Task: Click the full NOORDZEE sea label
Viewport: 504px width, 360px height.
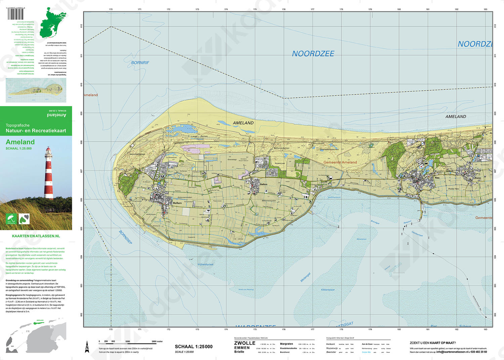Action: coord(313,54)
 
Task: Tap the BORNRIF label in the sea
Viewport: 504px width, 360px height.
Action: coord(140,63)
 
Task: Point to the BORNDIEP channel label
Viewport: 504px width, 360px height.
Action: coord(126,237)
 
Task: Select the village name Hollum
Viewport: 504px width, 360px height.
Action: coord(177,203)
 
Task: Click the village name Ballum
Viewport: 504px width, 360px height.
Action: coord(264,184)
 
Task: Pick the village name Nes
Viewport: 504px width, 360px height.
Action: coord(437,178)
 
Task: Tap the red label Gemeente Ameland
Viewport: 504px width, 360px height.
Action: coord(340,162)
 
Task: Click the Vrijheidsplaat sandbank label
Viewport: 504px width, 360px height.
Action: coord(205,264)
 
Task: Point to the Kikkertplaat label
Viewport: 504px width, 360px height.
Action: coord(328,289)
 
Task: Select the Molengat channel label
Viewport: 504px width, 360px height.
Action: coord(305,277)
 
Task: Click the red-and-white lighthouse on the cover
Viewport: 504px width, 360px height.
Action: coord(49,173)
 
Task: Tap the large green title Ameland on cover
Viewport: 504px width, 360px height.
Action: coord(20,142)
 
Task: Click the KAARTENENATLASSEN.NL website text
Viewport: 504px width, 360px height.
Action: coord(36,236)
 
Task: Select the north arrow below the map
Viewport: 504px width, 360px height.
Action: coord(87,346)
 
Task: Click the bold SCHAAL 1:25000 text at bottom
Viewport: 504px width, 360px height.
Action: coord(194,347)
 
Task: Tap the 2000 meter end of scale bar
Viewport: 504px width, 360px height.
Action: coord(157,342)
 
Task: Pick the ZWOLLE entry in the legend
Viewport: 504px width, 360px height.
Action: coord(245,343)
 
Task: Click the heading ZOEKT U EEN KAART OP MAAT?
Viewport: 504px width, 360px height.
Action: coord(432,343)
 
